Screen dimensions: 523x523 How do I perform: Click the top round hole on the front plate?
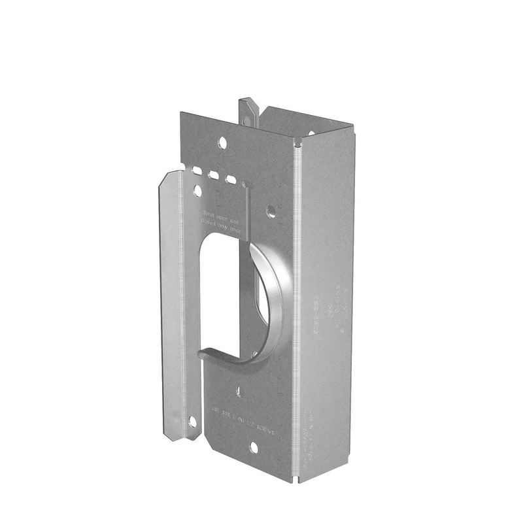point(223,141)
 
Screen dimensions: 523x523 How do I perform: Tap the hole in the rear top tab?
point(247,120)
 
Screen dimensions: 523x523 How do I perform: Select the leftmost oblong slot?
point(197,171)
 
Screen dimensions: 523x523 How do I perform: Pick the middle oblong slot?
point(213,175)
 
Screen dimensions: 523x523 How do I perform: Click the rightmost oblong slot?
point(230,178)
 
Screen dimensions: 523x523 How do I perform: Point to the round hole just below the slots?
point(198,191)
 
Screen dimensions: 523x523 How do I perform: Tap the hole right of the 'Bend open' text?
point(271,211)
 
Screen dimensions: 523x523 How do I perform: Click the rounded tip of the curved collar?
point(204,353)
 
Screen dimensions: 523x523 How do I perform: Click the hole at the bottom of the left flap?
point(192,422)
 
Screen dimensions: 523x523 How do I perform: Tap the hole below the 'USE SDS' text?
point(254,447)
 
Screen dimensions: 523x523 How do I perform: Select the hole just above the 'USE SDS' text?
point(239,392)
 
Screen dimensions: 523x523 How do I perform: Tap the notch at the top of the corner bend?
point(298,143)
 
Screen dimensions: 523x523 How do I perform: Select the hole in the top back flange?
point(311,133)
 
